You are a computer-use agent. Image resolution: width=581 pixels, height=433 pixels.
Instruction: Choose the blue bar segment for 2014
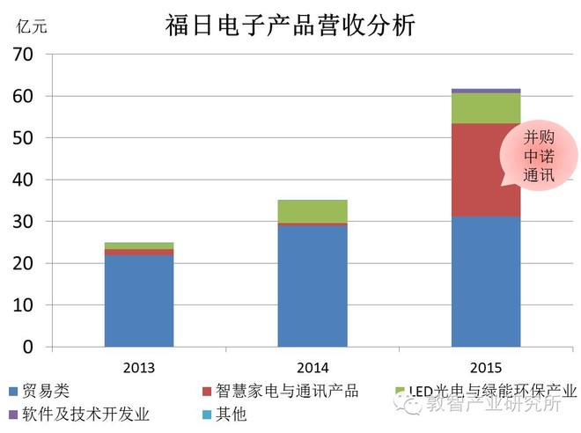point(313,286)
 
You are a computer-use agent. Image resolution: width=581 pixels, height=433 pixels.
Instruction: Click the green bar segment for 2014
point(313,211)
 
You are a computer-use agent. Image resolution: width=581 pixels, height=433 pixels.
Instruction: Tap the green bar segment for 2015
point(486,107)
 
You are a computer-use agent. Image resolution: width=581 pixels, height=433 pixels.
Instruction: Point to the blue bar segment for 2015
point(486,282)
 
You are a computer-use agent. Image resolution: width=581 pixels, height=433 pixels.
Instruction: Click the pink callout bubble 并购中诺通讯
point(539,155)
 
